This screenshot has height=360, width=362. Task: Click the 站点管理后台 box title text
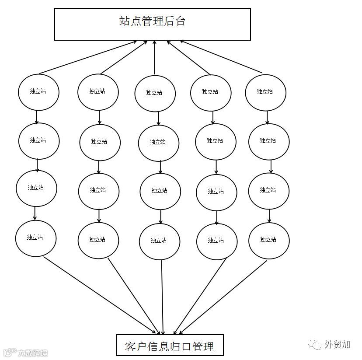coord(152,21)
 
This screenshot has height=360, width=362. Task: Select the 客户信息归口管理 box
coord(170,346)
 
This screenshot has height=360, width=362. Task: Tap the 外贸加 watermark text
coord(337,345)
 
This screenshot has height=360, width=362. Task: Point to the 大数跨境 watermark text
coord(33,353)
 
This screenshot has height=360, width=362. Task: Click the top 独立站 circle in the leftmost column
coord(38,92)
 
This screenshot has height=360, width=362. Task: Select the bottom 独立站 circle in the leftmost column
coord(35,238)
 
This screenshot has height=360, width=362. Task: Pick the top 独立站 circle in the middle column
coord(155,93)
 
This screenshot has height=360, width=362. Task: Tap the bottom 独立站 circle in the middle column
coord(159,241)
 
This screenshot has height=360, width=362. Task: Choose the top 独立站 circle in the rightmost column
coord(265,92)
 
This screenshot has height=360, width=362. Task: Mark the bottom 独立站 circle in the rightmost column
coord(268,240)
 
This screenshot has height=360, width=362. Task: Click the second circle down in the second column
coord(100,142)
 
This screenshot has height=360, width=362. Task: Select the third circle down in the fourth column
coord(216,192)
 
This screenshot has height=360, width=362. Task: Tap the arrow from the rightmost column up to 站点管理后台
coord(221,57)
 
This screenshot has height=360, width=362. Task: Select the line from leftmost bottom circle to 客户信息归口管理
coord(101,295)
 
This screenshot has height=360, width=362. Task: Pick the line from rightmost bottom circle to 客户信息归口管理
coord(223,297)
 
